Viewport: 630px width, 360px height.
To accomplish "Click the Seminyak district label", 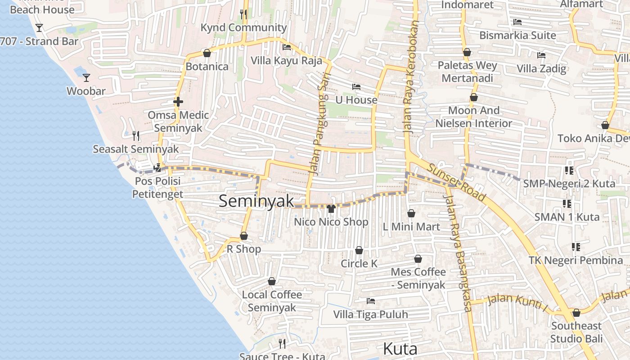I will pos(256,201).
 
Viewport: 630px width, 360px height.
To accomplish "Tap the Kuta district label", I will pos(400,349).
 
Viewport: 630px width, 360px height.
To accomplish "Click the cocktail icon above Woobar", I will pos(86,78).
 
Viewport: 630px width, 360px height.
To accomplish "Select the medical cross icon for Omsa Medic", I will pos(178,102).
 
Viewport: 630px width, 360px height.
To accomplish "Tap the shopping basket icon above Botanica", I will pos(207,54).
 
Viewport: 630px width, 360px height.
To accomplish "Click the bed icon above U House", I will pos(356,87).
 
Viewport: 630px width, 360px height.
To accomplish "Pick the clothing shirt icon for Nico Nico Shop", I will pos(331,208).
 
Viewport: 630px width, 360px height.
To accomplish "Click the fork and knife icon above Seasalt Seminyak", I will pos(136,135).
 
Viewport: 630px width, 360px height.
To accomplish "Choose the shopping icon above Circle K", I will pos(359,250).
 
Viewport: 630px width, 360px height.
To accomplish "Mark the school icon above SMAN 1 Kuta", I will pos(567,204).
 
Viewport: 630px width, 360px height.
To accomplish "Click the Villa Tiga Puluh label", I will pos(370,314).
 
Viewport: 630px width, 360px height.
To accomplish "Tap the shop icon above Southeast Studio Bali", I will pos(576,313).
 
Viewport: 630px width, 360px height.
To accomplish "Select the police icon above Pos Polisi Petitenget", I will pos(157,168).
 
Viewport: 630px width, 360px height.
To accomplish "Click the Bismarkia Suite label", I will pos(517,35).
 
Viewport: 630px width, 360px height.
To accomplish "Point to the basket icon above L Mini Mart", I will pos(411,213).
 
